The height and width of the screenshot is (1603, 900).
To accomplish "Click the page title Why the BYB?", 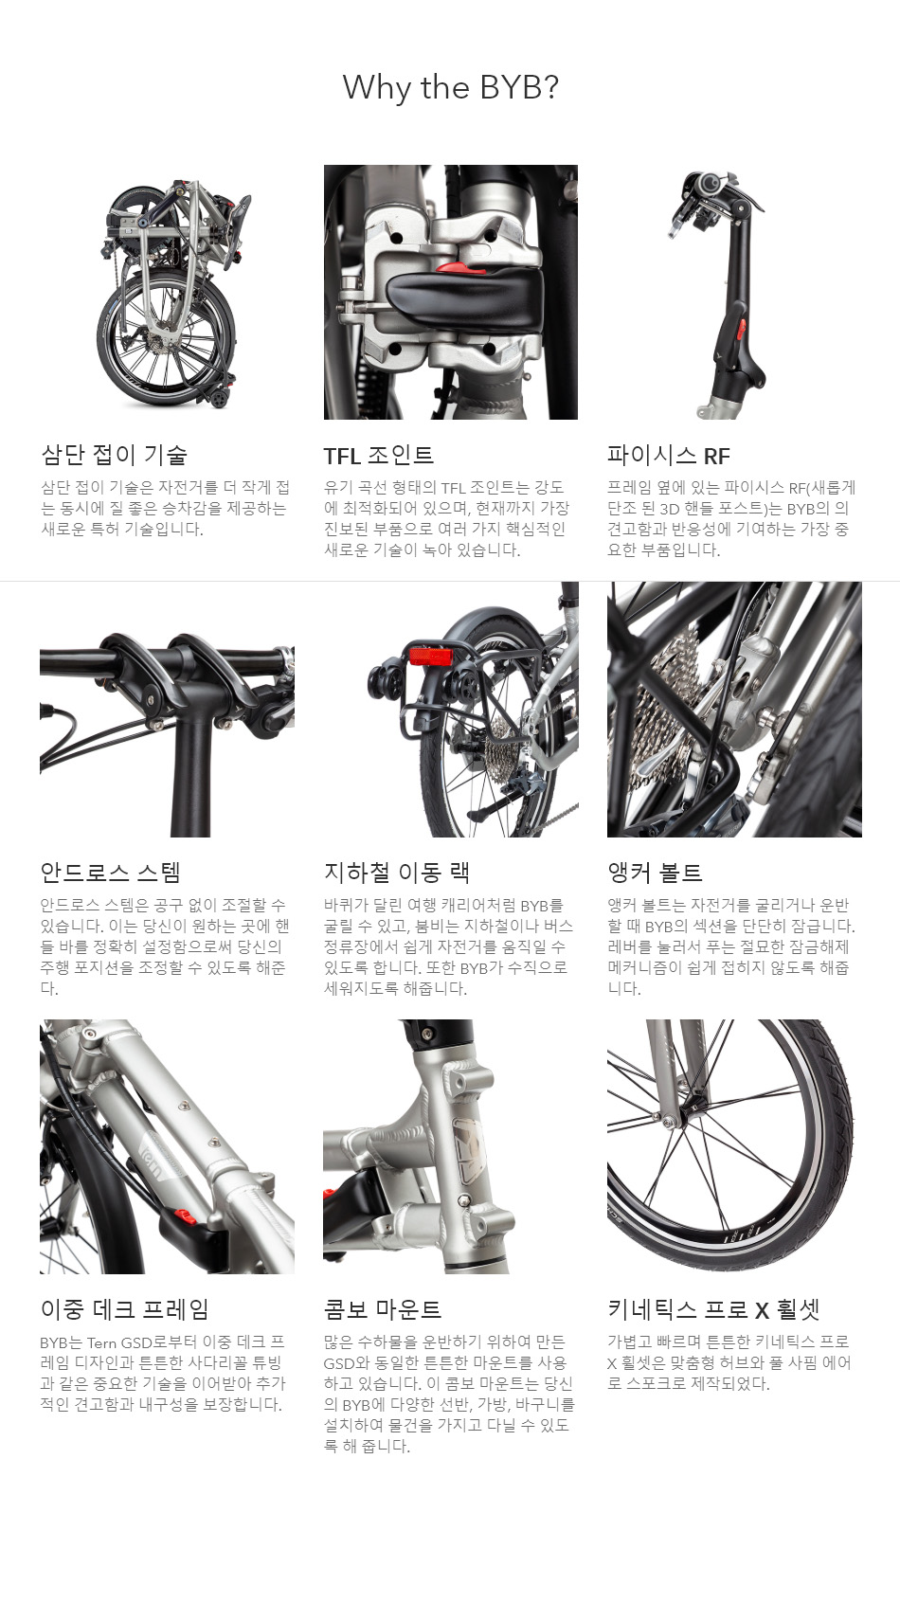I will tap(450, 87).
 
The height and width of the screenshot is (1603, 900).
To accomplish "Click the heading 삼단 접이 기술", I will tap(114, 455).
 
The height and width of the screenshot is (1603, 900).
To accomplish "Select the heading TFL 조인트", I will tap(378, 456).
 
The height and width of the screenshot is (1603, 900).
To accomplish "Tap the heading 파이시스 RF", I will tap(668, 456).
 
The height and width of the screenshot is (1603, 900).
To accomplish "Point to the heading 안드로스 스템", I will tap(110, 873).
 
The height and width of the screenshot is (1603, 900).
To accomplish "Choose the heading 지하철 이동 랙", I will tap(396, 873).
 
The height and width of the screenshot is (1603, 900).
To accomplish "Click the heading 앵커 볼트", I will tap(655, 873).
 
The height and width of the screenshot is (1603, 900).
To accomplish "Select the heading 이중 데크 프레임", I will tap(124, 1309).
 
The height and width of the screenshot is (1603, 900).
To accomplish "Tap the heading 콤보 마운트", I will tap(382, 1309).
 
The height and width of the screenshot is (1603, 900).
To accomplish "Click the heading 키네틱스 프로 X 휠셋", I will tap(712, 1309).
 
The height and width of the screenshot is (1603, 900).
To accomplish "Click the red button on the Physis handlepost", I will tap(742, 333).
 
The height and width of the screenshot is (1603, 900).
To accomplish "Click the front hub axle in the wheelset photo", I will tap(672, 1123).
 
